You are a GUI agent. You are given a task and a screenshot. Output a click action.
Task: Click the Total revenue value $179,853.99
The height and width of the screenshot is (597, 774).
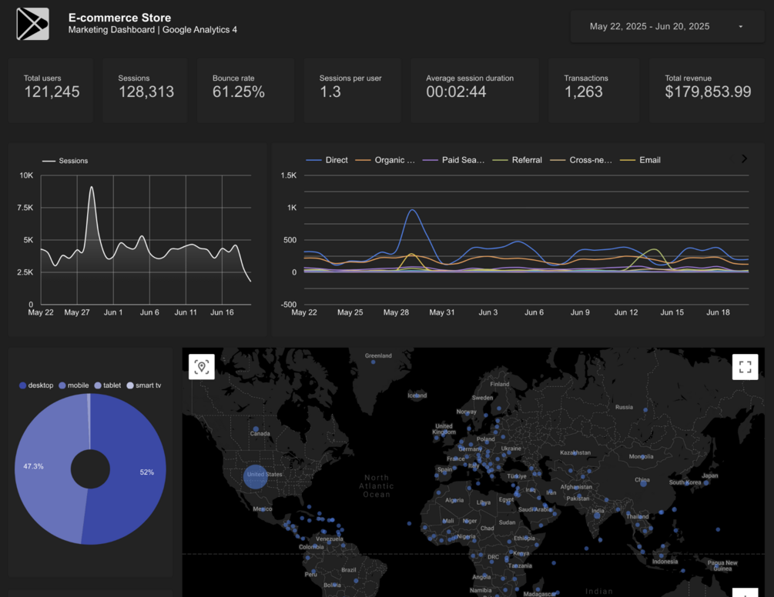tap(708, 92)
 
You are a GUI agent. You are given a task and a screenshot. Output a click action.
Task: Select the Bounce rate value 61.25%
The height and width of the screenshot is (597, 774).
tap(239, 92)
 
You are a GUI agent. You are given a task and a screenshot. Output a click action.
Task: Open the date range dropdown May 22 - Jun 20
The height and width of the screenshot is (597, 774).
tap(667, 27)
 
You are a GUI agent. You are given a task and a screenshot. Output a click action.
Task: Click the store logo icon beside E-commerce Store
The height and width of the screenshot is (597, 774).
tap(32, 24)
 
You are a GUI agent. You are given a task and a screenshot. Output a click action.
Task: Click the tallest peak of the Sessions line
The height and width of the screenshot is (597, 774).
tap(92, 187)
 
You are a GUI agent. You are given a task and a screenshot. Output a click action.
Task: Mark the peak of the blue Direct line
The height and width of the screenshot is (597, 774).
tap(413, 209)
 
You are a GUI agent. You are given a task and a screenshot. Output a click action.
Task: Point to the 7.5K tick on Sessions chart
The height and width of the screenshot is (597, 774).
tap(25, 208)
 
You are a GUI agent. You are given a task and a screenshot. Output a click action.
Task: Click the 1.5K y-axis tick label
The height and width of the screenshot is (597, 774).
tap(289, 175)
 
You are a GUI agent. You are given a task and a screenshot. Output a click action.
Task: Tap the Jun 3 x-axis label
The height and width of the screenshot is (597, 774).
tap(488, 312)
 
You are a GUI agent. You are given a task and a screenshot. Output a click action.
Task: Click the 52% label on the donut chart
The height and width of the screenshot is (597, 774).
tap(146, 472)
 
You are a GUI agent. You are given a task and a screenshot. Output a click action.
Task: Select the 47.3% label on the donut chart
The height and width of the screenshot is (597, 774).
tap(33, 466)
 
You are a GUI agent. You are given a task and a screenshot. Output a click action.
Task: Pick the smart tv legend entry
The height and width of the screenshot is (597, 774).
tap(148, 385)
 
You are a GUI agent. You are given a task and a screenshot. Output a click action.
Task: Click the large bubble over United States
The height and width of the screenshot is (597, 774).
tap(255, 476)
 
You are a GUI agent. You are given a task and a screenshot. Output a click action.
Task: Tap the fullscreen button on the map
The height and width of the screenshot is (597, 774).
tap(745, 367)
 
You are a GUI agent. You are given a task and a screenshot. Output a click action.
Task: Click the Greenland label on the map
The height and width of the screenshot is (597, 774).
tap(378, 355)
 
